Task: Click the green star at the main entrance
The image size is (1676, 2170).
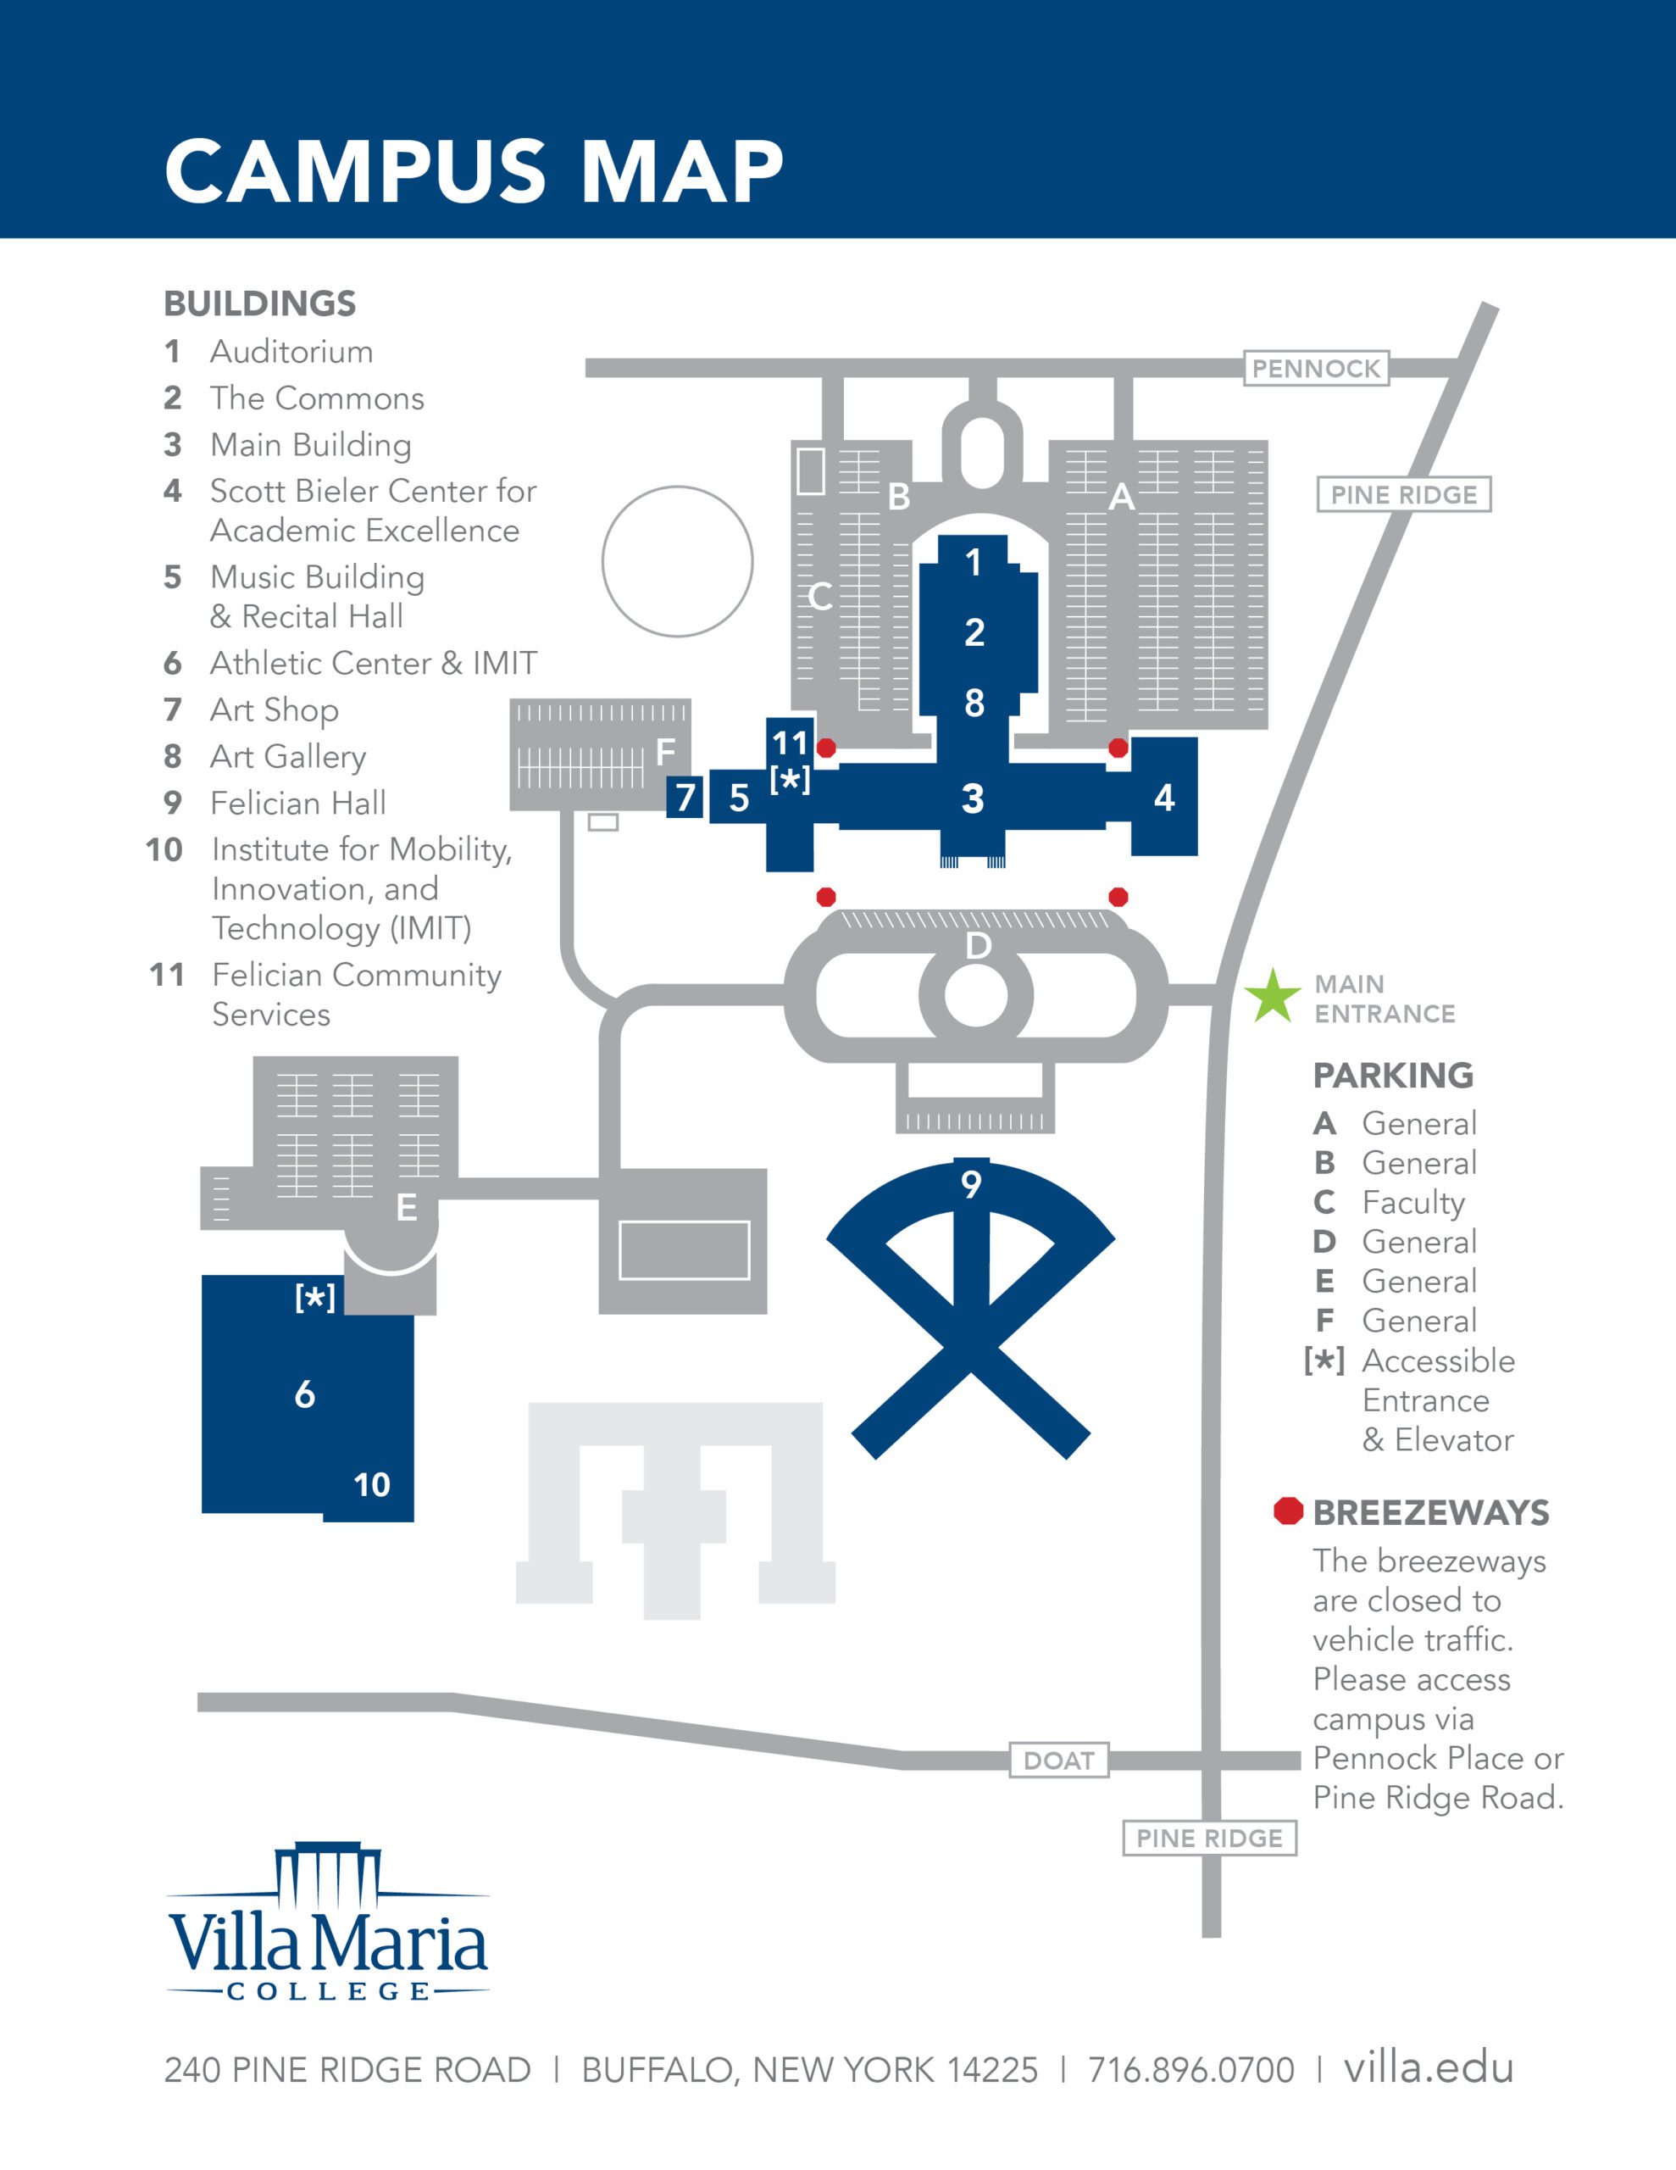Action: (x=1272, y=997)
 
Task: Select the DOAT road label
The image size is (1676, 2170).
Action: (x=1058, y=1761)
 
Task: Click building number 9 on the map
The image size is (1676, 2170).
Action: (x=971, y=1183)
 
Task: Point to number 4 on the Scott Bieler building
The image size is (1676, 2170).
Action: (x=1163, y=797)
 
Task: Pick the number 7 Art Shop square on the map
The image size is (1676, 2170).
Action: (x=685, y=797)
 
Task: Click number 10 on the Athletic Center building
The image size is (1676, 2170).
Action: (x=372, y=1484)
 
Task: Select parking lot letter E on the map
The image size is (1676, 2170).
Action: (x=407, y=1207)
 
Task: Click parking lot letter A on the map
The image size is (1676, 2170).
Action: (x=1121, y=496)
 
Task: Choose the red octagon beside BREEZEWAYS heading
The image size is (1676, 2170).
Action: (x=1288, y=1511)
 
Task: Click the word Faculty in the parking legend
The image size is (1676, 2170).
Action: (x=1412, y=1202)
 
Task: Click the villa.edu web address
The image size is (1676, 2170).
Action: (x=1428, y=2067)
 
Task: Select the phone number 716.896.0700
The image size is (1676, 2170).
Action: (x=1190, y=2070)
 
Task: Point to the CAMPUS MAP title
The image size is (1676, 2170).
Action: (x=474, y=171)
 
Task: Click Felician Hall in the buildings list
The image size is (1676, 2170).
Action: (x=297, y=803)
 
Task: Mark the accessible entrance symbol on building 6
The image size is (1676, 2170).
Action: (x=315, y=1298)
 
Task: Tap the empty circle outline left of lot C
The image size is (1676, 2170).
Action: (x=678, y=561)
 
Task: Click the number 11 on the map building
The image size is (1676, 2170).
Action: (x=790, y=743)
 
